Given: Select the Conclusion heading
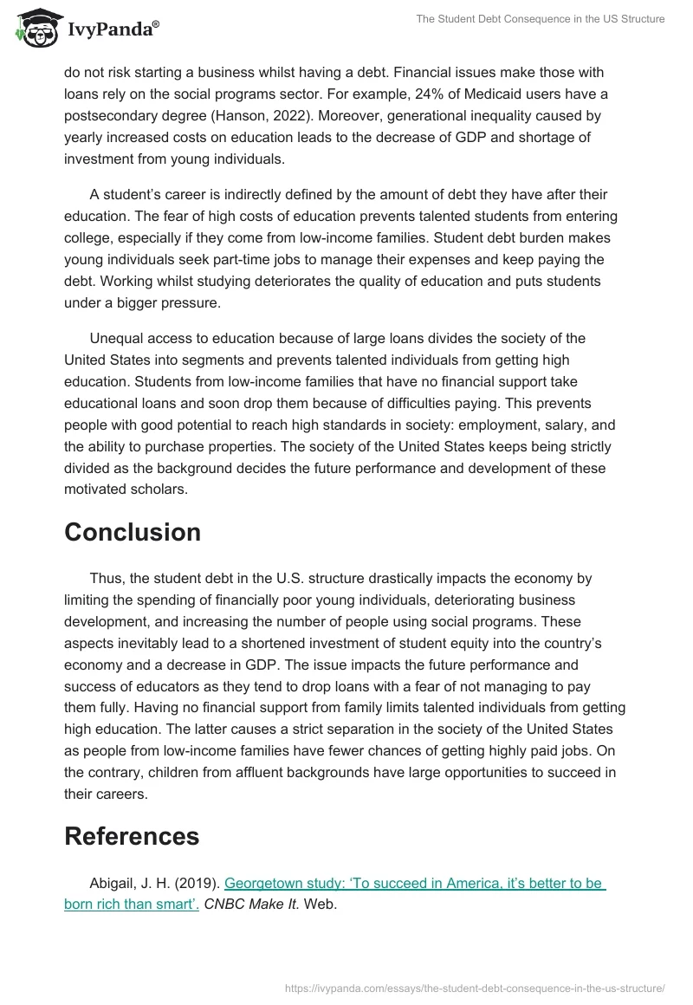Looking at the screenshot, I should point(133,532).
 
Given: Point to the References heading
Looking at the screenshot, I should point(132,836).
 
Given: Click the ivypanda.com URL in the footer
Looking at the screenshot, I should point(475,987).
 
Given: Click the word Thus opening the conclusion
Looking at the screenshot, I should point(106,578).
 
